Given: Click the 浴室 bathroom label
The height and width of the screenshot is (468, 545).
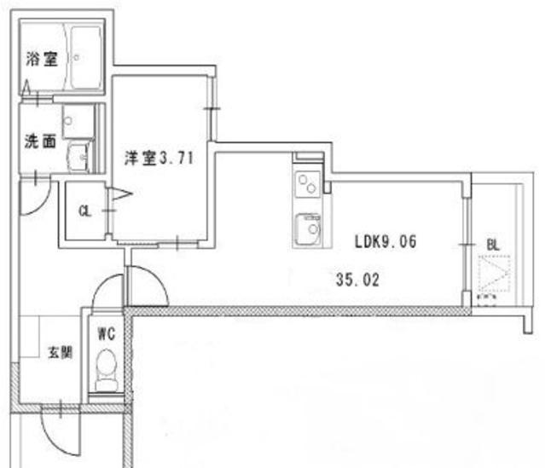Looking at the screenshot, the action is coord(42,59).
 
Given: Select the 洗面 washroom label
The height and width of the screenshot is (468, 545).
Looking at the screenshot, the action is coord(41,141).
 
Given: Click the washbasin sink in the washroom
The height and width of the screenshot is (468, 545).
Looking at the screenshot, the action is coord(79,157).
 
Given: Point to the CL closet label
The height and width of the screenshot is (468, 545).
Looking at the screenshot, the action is coord(85,211).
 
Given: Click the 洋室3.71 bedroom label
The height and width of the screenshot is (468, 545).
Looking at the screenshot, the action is coord(159,158).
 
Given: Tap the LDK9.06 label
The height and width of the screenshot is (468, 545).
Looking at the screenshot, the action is coord(386,241).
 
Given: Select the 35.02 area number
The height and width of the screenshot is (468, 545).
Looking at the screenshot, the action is coord(357,280).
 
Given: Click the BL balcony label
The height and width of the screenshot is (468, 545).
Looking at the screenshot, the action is coord(493,246).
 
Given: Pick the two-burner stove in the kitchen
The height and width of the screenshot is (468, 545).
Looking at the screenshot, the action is coord(308,184).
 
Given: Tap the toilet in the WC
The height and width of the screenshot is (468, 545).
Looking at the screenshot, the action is coord(107,370).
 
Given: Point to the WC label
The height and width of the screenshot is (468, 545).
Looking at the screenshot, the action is coord(107,334).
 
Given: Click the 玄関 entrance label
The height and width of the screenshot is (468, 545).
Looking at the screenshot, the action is coord(60,353).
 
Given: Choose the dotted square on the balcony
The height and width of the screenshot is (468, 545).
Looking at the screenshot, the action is coord(494,274).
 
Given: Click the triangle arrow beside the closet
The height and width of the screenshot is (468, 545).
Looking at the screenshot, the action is coord(120,194).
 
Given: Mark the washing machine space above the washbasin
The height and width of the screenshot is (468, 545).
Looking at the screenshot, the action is coord(78,121).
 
